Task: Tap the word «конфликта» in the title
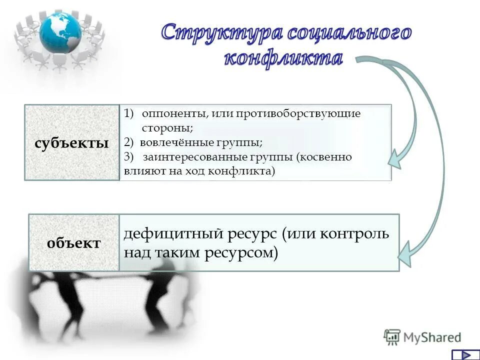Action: [283, 58]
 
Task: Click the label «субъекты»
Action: [71, 143]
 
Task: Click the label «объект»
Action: [73, 243]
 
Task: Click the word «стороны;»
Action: [167, 128]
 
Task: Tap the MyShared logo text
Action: [432, 338]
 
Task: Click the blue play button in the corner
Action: [465, 354]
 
